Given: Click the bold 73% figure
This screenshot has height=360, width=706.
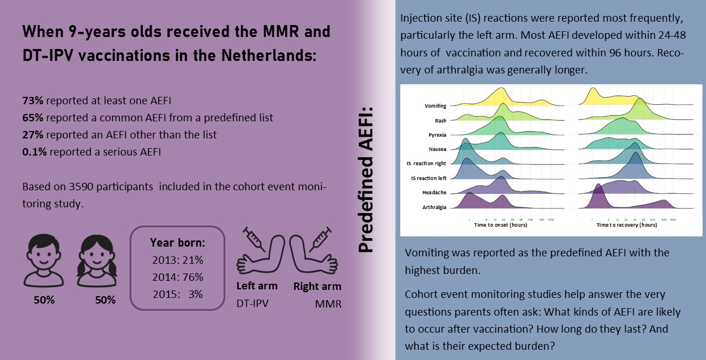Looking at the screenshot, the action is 33,101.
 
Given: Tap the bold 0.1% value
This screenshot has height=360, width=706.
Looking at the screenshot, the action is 34,152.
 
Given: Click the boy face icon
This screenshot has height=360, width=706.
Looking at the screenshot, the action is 43,260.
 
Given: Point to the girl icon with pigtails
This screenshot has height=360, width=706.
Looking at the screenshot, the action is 97,261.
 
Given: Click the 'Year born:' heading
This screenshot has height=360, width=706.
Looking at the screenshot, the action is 178,243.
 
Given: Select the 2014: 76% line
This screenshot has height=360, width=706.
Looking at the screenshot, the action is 178,277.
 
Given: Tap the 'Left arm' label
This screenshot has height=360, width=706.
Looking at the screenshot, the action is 257,286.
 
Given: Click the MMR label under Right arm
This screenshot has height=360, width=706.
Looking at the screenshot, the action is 328,304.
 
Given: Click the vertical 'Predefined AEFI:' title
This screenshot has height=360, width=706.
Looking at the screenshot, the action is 366,179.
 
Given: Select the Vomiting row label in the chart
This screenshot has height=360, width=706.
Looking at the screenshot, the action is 435,106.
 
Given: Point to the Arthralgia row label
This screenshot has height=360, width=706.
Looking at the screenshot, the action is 434,207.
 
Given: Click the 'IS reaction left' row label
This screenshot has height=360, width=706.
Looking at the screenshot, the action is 429,178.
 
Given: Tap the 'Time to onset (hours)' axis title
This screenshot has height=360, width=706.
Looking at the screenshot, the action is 500,225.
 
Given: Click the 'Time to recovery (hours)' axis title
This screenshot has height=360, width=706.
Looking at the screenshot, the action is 626,225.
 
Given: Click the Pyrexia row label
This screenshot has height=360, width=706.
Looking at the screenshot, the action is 437,135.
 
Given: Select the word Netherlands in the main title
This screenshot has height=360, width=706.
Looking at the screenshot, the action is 269,55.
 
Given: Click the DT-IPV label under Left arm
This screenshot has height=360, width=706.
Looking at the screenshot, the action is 252,304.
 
